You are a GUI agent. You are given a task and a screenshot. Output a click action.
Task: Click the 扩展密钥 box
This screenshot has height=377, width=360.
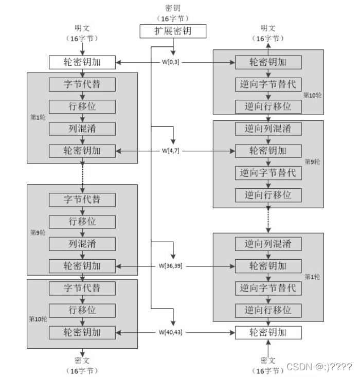173,31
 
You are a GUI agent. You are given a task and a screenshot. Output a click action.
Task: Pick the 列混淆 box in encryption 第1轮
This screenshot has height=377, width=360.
82,129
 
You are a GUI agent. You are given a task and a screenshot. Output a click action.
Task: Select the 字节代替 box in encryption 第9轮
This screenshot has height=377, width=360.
82,200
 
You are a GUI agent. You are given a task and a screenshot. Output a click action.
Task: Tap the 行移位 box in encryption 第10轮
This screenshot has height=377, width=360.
82,310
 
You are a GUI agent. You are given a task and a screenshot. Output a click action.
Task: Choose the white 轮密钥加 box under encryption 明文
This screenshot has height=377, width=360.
82,62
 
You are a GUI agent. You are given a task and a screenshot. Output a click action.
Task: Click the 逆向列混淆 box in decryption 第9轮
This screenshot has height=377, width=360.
267,129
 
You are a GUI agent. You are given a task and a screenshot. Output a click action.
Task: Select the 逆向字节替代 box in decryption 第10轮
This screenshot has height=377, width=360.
267,84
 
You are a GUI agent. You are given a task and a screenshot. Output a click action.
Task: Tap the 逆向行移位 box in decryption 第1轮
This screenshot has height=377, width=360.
267,310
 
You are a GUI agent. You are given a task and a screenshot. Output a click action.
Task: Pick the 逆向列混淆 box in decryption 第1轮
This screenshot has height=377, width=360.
267,244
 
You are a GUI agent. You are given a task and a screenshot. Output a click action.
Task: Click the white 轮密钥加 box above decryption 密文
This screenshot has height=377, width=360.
267,332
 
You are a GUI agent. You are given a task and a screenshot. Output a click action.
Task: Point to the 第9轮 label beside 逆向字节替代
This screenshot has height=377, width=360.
313,161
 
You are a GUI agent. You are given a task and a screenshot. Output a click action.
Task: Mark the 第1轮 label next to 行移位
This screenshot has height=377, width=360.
38,117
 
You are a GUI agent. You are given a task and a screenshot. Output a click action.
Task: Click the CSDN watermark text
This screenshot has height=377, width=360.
319,367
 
